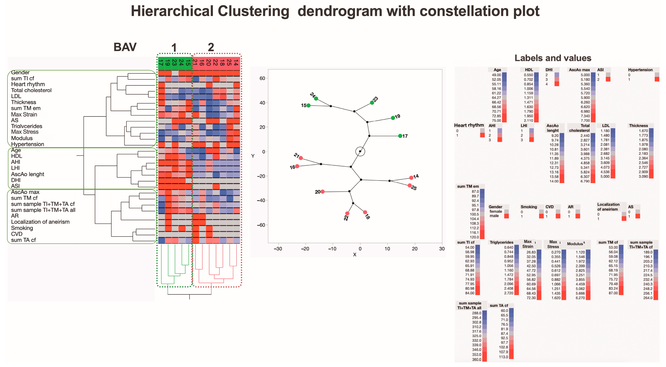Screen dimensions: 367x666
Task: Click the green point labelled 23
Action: pyautogui.click(x=372, y=103)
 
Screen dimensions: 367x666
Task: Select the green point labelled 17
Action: pyautogui.click(x=400, y=136)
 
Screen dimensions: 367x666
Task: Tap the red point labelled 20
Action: pyautogui.click(x=322, y=192)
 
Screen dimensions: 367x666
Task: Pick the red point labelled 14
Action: pyautogui.click(x=411, y=178)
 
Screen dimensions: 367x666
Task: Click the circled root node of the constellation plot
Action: pyautogui.click(x=360, y=151)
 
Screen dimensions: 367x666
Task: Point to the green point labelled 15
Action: pyautogui.click(x=308, y=106)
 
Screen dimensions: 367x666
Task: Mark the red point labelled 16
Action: pyautogui.click(x=297, y=166)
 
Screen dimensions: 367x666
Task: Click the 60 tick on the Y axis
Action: pyautogui.click(x=262, y=78)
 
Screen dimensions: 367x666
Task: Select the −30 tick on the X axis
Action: pyautogui.click(x=278, y=249)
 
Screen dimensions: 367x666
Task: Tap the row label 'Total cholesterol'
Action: pyautogui.click(x=31, y=90)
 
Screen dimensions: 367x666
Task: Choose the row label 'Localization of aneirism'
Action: pyautogui.click(x=40, y=222)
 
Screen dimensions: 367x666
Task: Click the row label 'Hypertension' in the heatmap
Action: pyautogui.click(x=27, y=144)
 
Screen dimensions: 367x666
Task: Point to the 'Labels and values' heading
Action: pyautogui.click(x=553, y=58)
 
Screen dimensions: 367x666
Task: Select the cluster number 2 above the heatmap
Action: pyautogui.click(x=211, y=47)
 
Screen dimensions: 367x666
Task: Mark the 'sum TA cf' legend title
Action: pyautogui.click(x=499, y=305)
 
